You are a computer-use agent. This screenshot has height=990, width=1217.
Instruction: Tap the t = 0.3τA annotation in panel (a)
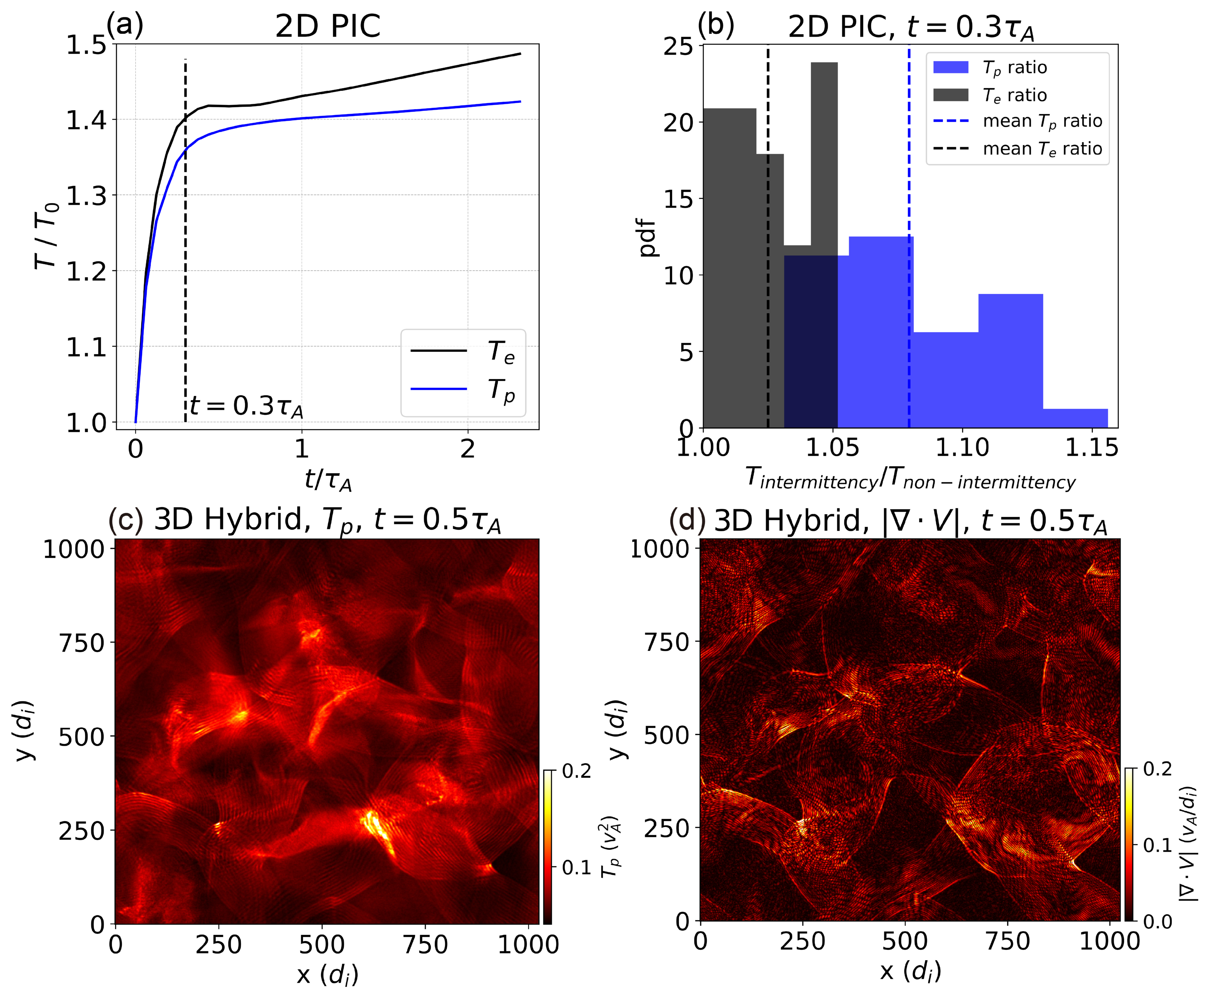(246, 406)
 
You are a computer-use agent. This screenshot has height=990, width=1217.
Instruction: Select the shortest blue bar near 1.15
(1075, 418)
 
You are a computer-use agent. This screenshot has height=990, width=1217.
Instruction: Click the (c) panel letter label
(125, 520)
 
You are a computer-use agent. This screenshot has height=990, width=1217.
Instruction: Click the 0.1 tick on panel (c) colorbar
(576, 868)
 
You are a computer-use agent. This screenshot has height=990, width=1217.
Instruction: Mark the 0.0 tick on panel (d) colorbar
(1158, 922)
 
